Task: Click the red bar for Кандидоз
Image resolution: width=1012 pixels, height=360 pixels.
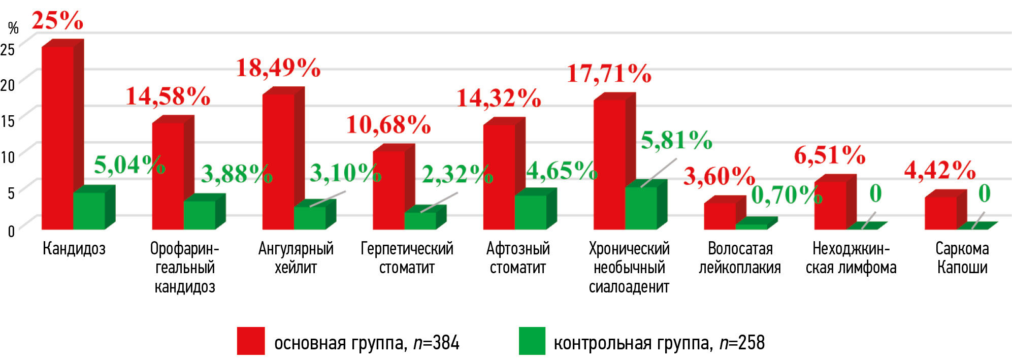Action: [57, 137]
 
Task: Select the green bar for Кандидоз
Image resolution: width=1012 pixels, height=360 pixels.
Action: [89, 211]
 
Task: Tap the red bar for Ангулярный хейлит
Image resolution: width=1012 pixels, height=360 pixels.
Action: [278, 161]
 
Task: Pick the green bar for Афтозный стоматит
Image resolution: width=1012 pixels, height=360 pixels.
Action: [530, 212]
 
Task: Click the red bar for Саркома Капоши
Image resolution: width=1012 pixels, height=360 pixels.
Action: [940, 213]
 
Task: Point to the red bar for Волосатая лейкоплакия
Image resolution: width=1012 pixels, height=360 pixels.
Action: [720, 216]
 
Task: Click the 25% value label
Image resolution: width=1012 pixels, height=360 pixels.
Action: [57, 21]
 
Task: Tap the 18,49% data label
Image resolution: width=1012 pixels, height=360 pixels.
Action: [278, 68]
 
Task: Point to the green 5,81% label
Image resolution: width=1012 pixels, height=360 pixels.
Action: [676, 140]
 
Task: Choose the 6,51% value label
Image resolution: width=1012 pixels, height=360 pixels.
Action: [830, 155]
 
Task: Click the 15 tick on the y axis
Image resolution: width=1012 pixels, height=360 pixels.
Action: [8, 121]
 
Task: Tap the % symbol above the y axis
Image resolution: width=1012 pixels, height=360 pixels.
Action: [13, 27]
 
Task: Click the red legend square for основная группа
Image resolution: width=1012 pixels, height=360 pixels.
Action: [251, 341]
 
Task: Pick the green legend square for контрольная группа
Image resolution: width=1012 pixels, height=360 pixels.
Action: [532, 341]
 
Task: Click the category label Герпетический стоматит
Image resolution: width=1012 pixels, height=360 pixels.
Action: [407, 258]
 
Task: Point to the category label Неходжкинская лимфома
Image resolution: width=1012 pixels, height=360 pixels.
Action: [851, 258]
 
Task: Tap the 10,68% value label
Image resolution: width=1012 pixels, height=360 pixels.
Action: [388, 125]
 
